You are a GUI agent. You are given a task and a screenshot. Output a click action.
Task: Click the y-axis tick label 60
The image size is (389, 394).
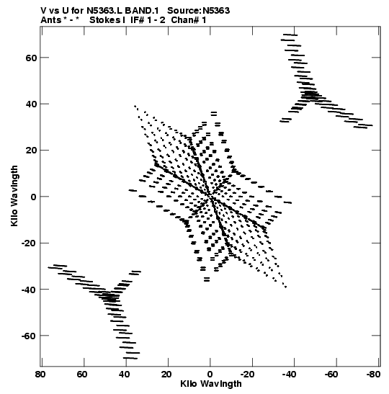click(31, 58)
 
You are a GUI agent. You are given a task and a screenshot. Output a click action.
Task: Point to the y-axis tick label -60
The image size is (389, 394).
click(29, 336)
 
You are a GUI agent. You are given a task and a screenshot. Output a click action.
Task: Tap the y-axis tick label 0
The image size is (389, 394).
click(34, 197)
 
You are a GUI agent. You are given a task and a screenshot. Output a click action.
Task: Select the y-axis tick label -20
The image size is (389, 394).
click(29, 243)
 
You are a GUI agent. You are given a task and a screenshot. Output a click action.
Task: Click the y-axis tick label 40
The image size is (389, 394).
click(31, 104)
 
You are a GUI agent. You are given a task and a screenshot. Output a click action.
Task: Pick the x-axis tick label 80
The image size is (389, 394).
click(40, 375)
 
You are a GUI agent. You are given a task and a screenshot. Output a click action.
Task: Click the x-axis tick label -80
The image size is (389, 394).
click(373, 375)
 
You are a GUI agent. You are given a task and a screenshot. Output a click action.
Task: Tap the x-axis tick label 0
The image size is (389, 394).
click(210, 375)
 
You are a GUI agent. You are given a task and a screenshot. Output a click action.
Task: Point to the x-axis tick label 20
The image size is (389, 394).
click(166, 375)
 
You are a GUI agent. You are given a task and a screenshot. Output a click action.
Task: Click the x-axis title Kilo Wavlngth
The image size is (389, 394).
click(211, 384)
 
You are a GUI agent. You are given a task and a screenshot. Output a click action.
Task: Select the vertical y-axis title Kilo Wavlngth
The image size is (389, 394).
click(14, 196)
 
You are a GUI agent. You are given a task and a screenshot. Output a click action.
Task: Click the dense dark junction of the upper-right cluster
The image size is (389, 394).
click(309, 94)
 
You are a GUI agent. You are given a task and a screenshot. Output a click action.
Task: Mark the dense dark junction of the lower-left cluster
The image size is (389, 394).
click(110, 298)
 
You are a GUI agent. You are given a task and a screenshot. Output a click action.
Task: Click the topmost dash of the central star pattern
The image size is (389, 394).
click(214, 114)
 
